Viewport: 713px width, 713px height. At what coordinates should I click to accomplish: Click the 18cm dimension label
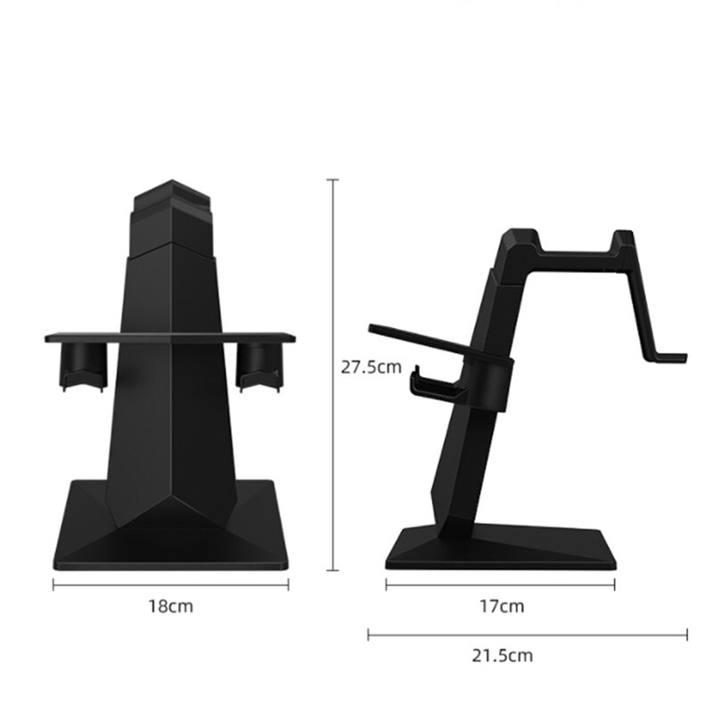point(170,607)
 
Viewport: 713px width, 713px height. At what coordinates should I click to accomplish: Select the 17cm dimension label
point(502,607)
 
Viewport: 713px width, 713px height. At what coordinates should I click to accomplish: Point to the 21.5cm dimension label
point(502,656)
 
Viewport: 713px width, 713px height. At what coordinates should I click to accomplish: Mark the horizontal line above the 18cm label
point(171,584)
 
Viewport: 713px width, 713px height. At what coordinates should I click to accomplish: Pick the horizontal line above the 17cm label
point(501,584)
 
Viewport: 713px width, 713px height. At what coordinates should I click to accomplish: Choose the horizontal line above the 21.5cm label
point(528,634)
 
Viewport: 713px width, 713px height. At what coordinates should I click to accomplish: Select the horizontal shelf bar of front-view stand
point(170,336)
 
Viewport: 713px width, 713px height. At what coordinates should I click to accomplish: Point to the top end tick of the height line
point(335,179)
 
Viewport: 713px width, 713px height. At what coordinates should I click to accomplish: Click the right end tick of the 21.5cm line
point(687,634)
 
